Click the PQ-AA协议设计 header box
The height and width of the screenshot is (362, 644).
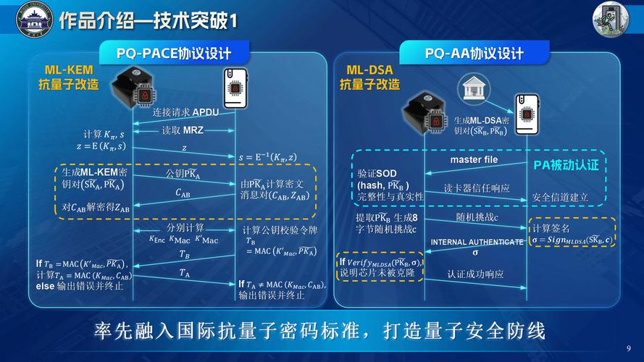tap(474, 53)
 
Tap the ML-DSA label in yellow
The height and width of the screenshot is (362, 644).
tap(369, 70)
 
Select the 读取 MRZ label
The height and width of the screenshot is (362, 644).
tap(182, 130)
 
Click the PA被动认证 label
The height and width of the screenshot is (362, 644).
tap(566, 165)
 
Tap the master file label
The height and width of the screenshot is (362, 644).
tap(474, 159)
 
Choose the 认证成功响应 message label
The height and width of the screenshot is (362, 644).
tap(475, 274)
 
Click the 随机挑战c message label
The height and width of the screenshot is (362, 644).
tap(477, 217)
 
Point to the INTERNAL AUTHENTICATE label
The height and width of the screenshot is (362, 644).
tap(477, 242)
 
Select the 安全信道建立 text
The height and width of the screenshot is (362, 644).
tap(560, 197)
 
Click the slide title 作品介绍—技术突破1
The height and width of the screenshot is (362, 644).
tap(148, 20)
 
